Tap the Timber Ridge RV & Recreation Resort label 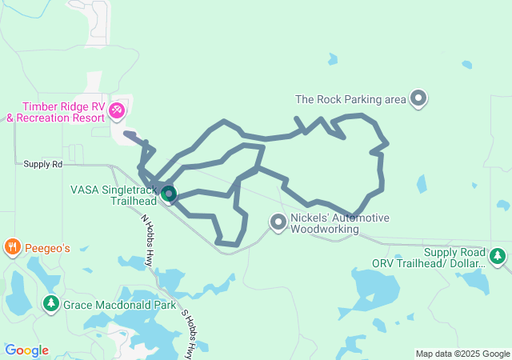(x=56, y=112)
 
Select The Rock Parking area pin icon (x=418, y=99)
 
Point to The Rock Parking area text (x=350, y=100)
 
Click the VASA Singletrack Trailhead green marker (x=168, y=194)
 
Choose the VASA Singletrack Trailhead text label (x=113, y=195)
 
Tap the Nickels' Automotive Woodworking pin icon (x=278, y=222)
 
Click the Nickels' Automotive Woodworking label (x=340, y=223)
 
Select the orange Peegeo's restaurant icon (x=12, y=247)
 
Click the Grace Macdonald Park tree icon (x=51, y=304)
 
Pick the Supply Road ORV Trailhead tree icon (x=498, y=256)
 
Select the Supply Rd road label (x=42, y=164)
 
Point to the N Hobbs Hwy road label (x=147, y=240)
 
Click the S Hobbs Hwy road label (x=188, y=334)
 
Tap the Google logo (x=26, y=350)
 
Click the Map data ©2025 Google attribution (x=462, y=354)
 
